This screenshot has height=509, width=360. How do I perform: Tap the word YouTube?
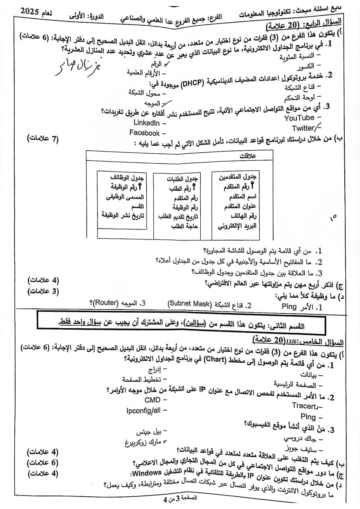click(299, 118)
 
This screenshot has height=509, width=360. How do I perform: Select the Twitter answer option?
click(303, 128)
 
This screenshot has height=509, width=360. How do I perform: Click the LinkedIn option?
click(147, 123)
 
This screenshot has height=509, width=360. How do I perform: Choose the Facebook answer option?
click(145, 133)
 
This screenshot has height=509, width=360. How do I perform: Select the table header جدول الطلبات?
click(182, 179)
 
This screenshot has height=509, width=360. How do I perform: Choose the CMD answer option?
click(153, 400)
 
